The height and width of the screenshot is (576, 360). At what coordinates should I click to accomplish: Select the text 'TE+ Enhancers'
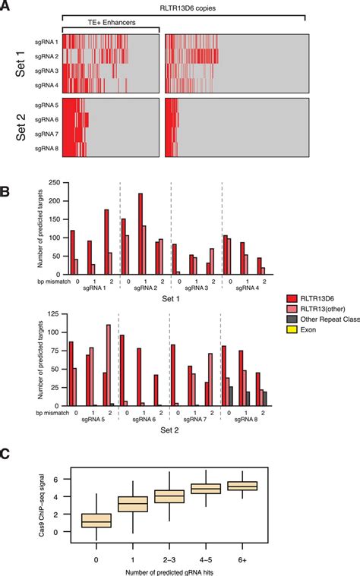(x=111, y=24)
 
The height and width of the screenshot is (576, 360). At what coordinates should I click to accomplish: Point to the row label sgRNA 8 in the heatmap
(x=46, y=149)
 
